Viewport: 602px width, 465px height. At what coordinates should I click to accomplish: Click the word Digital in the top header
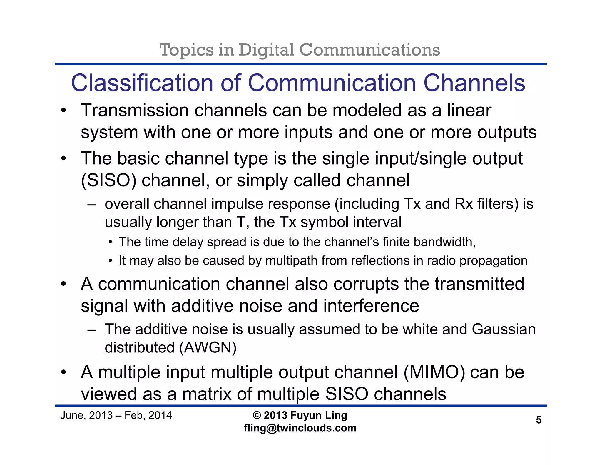click(266, 50)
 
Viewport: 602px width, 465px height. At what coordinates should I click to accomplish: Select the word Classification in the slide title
click(142, 83)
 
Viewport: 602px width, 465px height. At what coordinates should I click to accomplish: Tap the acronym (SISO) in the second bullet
click(108, 180)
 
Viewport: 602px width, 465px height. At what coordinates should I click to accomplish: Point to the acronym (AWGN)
click(208, 348)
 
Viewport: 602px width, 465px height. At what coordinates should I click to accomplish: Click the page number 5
click(539, 420)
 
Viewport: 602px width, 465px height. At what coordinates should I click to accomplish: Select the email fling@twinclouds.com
click(300, 428)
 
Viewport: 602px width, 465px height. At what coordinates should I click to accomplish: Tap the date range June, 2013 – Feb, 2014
click(116, 415)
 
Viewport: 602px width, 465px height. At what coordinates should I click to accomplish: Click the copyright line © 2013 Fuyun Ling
click(300, 415)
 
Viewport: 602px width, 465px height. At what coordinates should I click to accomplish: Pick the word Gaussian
click(504, 329)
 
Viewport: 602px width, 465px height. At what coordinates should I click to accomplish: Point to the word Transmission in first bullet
click(135, 111)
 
